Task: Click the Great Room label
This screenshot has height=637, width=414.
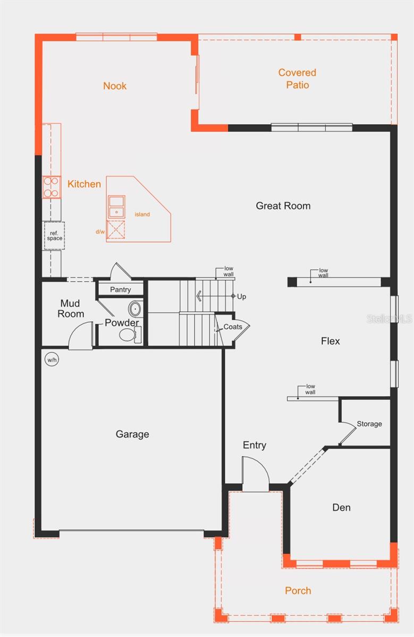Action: (x=283, y=206)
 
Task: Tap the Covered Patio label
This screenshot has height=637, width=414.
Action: (x=297, y=79)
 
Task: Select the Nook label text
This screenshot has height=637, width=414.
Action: (x=115, y=86)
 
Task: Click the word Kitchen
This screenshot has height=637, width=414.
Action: (x=84, y=184)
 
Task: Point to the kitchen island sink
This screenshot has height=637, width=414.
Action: (x=116, y=206)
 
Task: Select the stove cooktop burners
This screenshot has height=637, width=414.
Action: (x=52, y=187)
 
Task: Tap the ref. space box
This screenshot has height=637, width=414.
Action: (x=54, y=236)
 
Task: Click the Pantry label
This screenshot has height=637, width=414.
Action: (x=120, y=290)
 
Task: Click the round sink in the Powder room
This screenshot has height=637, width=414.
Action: (x=135, y=309)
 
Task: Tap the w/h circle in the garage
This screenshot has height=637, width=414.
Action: (x=52, y=360)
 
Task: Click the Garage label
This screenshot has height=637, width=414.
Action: (x=132, y=434)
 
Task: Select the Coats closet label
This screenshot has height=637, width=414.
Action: (x=233, y=327)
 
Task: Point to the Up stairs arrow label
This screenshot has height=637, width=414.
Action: (x=241, y=297)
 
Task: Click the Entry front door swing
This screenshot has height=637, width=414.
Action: (x=254, y=471)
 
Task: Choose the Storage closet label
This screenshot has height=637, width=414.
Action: (x=369, y=424)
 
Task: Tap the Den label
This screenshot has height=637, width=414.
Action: (x=341, y=507)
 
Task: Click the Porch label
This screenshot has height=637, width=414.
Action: (x=298, y=591)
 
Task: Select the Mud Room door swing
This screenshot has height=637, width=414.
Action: (x=80, y=336)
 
